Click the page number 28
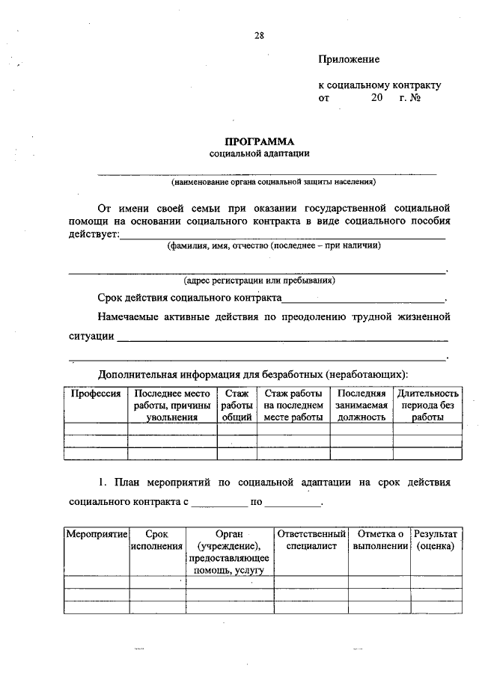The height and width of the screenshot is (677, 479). pos(259,35)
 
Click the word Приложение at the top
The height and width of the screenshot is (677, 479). pos(349,59)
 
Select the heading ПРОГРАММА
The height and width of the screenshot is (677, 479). pos(260,141)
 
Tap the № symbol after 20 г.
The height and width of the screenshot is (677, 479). pos(415,97)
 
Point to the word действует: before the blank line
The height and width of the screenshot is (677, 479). pos(94,234)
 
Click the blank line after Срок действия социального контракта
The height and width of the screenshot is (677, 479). pos(362,298)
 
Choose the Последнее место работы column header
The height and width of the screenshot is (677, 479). pos(172,405)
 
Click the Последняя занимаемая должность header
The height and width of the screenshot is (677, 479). pos(361,405)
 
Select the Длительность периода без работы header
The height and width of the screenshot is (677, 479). pos(427,405)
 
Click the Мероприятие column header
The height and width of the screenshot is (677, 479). pos(97,535)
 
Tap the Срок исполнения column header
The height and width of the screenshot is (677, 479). pos(157,541)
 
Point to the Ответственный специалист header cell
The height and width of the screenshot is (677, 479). pos(311,541)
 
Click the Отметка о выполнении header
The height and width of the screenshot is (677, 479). pos(380,541)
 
